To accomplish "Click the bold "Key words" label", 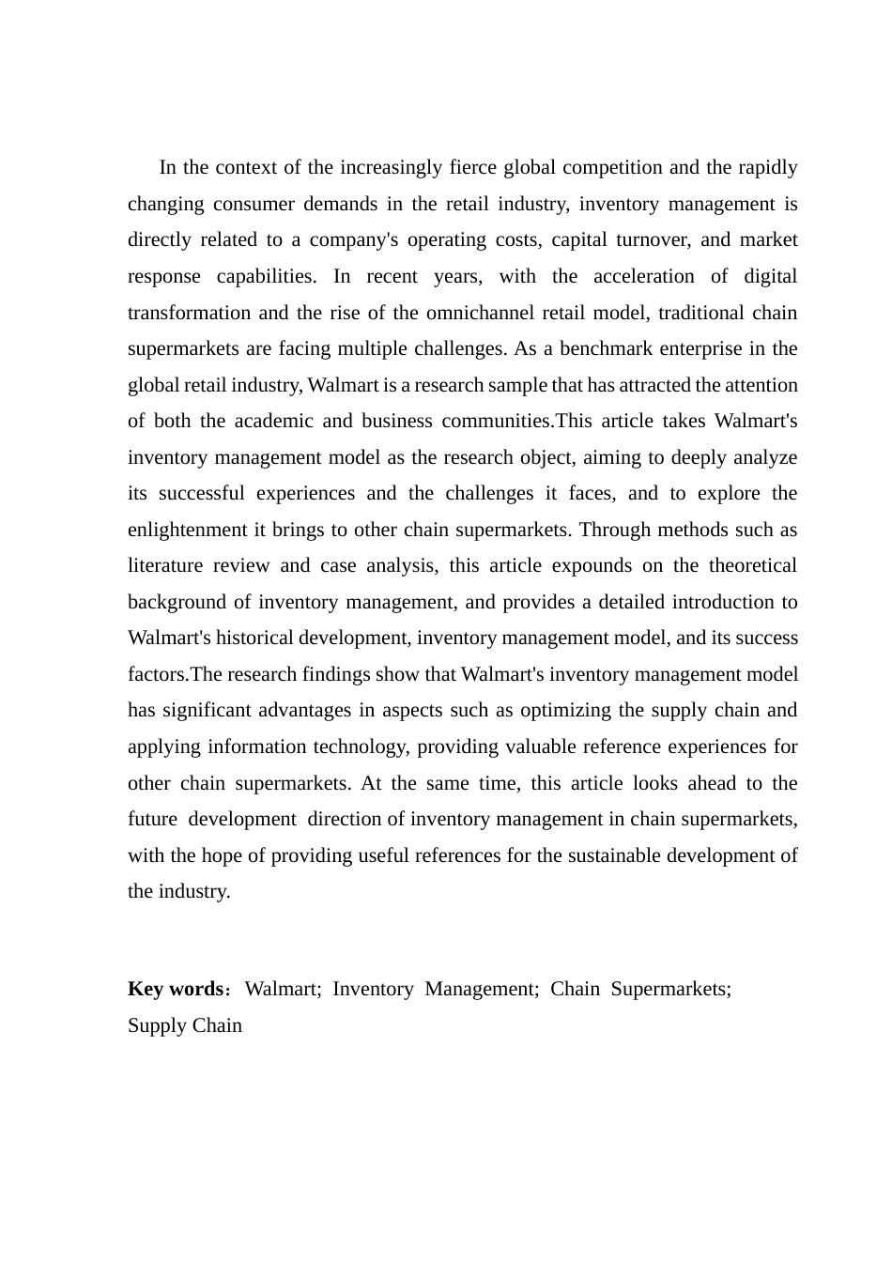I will [174, 990].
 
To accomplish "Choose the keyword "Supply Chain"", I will [185, 1025].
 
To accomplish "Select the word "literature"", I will [164, 566].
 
